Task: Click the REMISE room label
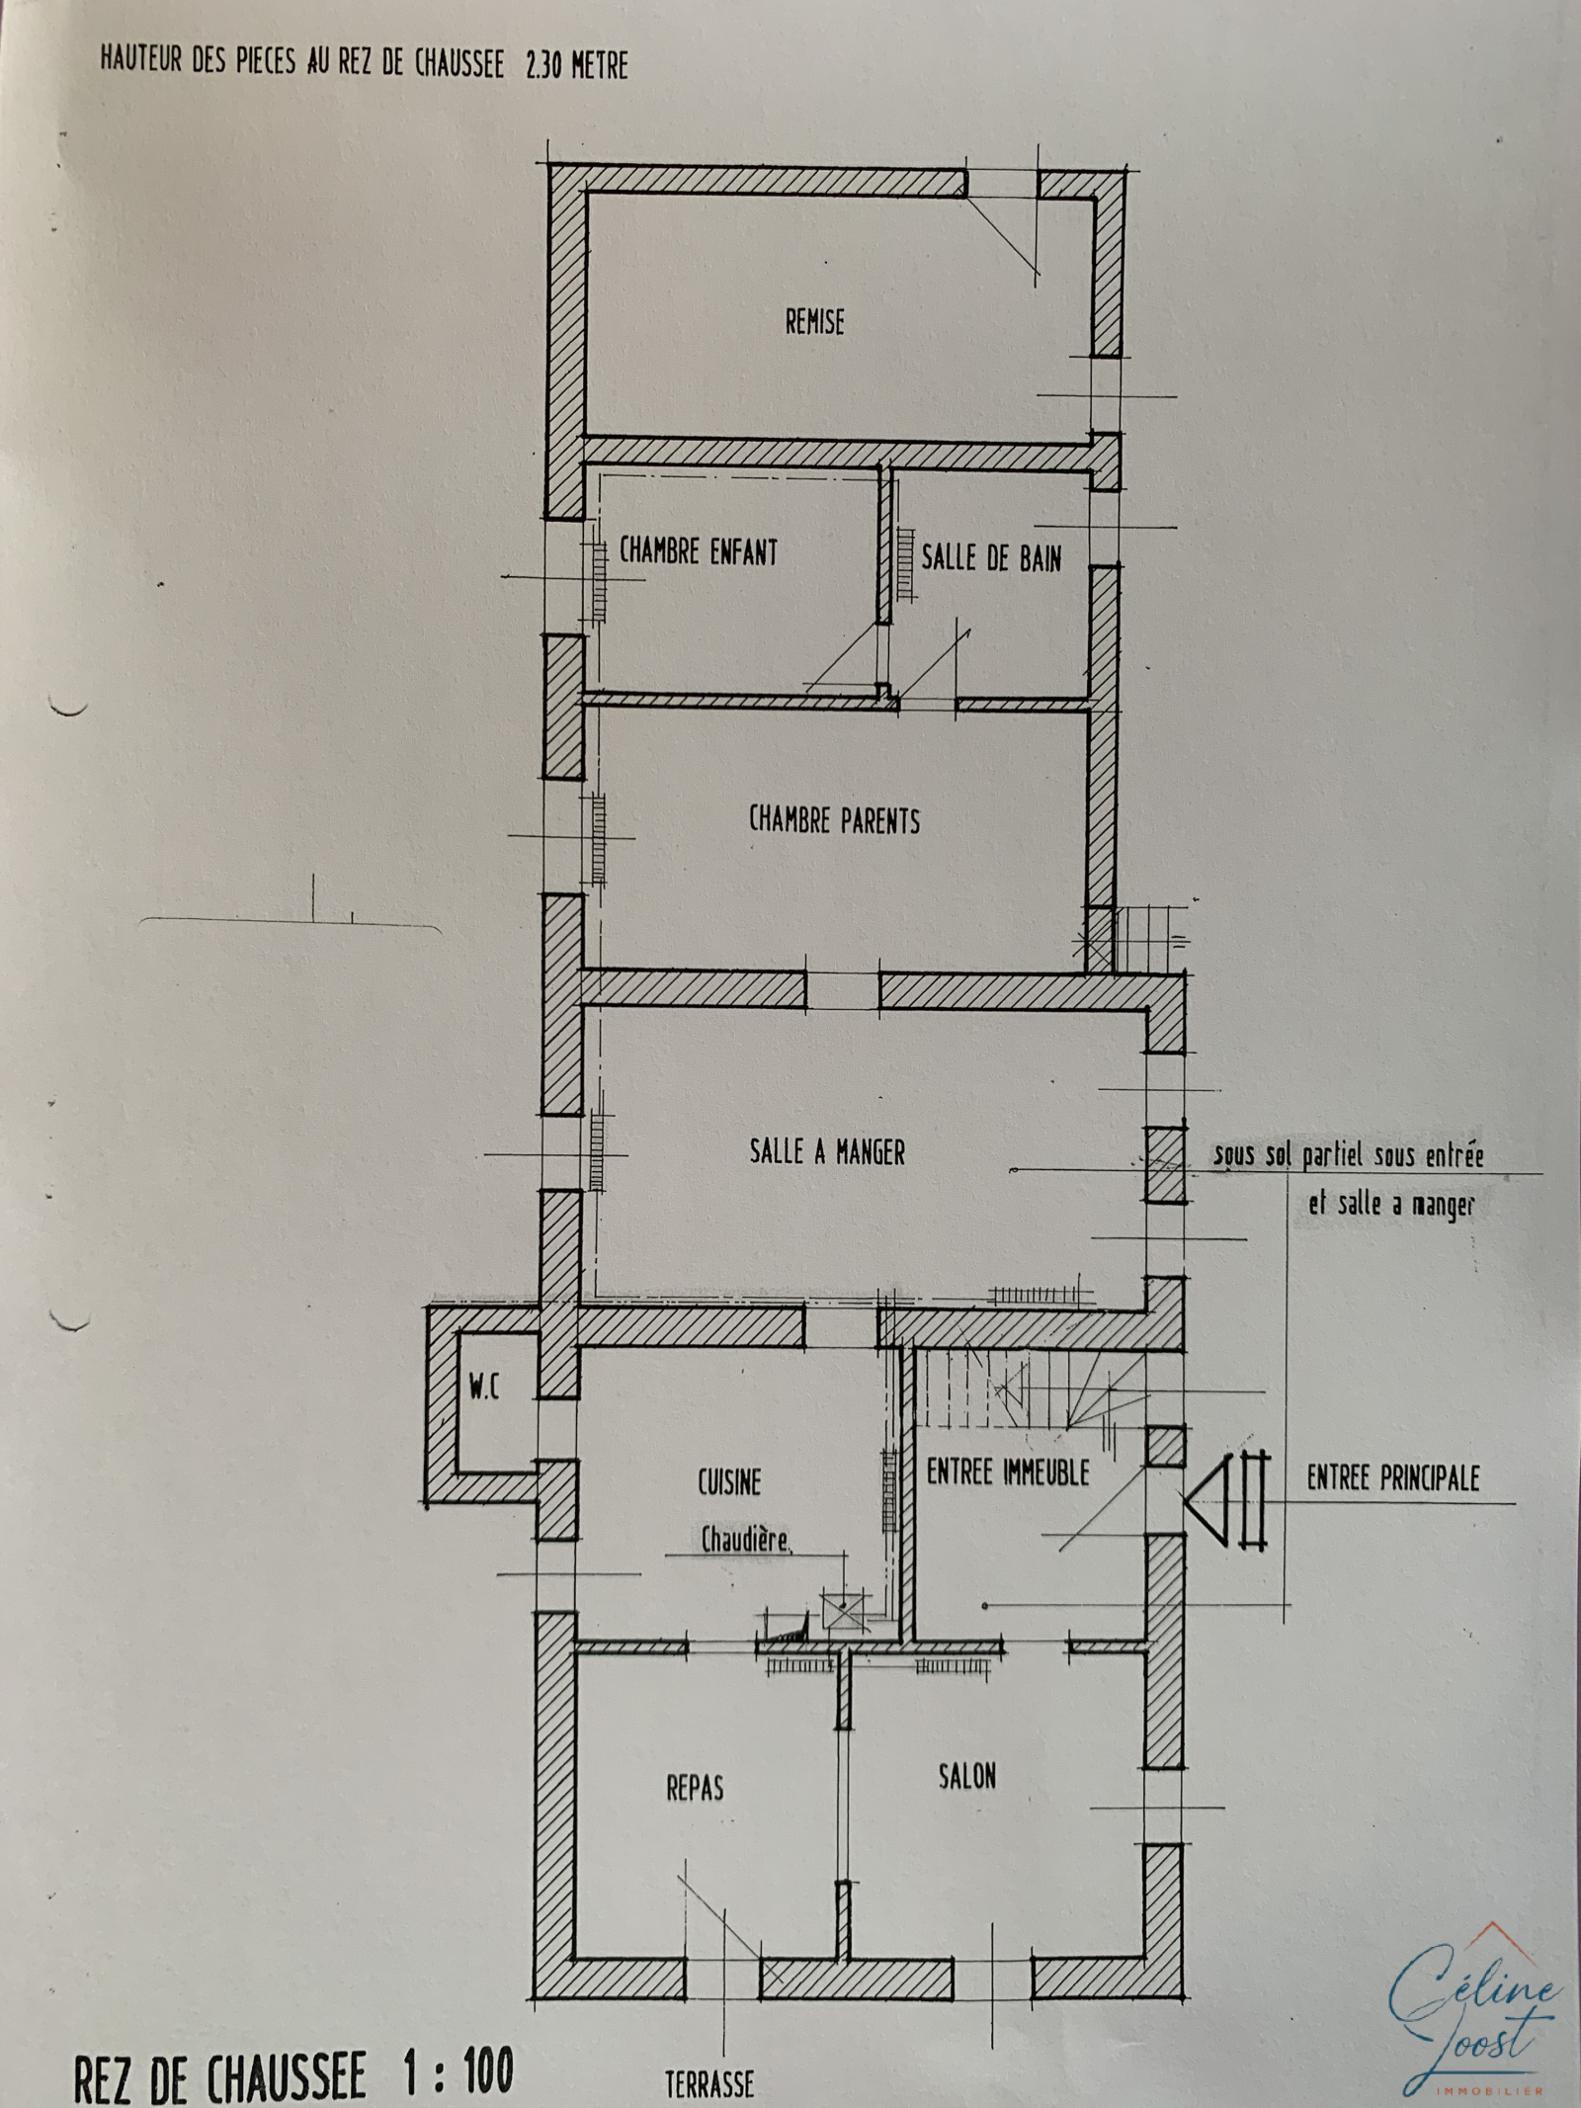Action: [x=815, y=322]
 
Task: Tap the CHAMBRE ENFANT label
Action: [x=699, y=551]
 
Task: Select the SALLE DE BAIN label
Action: [x=991, y=558]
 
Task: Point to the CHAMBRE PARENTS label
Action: [x=834, y=820]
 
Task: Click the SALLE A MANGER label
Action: [x=827, y=1151]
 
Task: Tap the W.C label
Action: [x=484, y=1389]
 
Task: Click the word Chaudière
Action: [x=746, y=1540]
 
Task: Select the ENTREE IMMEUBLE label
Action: [x=1008, y=1473]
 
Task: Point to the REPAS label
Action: [x=695, y=1788]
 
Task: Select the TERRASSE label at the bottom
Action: [x=709, y=2078]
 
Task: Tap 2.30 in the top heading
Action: [x=540, y=64]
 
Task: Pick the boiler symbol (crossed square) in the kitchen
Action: [x=842, y=1610]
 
